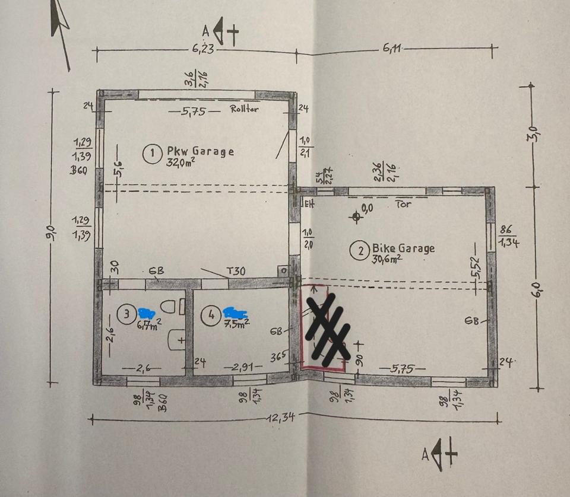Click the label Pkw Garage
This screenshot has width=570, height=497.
[200, 152]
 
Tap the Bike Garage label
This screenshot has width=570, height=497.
[403, 248]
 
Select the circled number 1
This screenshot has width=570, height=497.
[152, 154]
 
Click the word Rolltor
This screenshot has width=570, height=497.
[244, 109]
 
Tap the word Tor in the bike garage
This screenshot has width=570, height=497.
[403, 203]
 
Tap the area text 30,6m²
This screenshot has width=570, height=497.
[386, 259]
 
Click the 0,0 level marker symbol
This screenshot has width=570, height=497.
[356, 216]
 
